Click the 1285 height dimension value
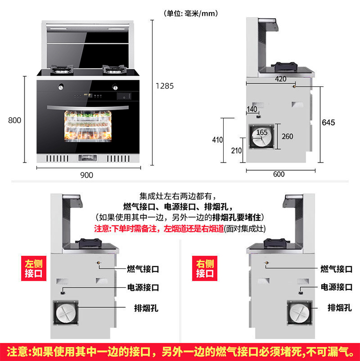click(x=165, y=86)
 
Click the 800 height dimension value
click(x=14, y=120)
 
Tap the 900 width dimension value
click(x=87, y=175)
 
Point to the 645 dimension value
click(x=328, y=122)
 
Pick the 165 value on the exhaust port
click(x=262, y=132)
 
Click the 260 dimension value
click(x=287, y=137)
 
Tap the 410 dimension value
click(x=217, y=140)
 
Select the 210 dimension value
click(x=236, y=150)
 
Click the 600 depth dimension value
click(x=279, y=175)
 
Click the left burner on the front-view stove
click(x=62, y=72)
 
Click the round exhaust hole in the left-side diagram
click(x=66, y=315)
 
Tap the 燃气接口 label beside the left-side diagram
click(x=143, y=268)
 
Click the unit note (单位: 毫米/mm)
click(x=191, y=13)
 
